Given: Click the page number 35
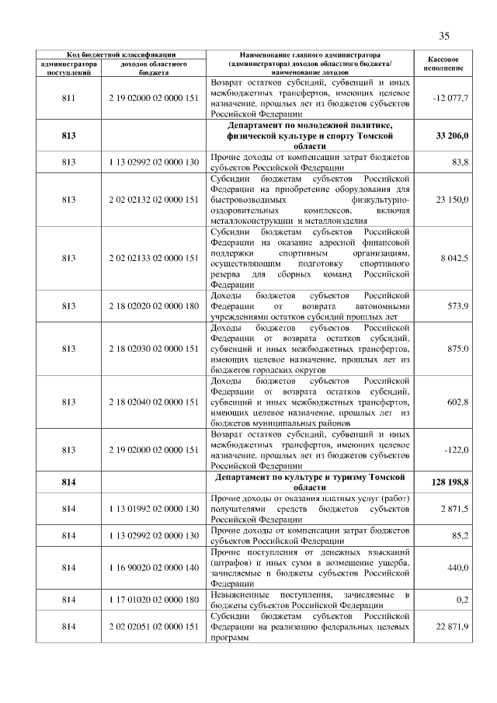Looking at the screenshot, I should coord(445,36).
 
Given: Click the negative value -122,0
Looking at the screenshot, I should coord(454,450).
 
